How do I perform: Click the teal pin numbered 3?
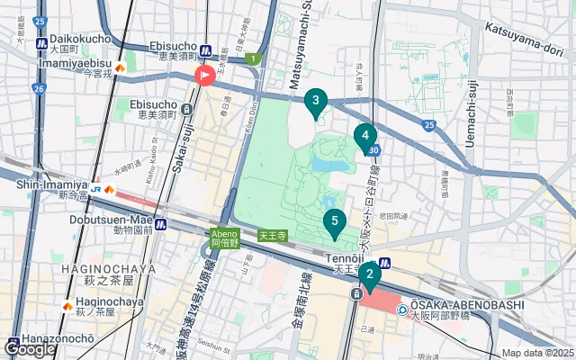coord(315,103)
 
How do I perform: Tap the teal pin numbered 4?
coord(364,138)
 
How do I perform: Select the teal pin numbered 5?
coord(335,221)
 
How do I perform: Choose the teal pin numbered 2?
coord(369,274)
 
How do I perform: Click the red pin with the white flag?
coord(204,76)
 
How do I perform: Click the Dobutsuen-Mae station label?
coord(114,219)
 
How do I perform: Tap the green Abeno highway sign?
coord(225,237)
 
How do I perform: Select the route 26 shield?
coord(38,88)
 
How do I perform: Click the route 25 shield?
coord(429,124)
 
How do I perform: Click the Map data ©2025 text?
coord(536,353)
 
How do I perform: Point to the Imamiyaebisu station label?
coord(74,65)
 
